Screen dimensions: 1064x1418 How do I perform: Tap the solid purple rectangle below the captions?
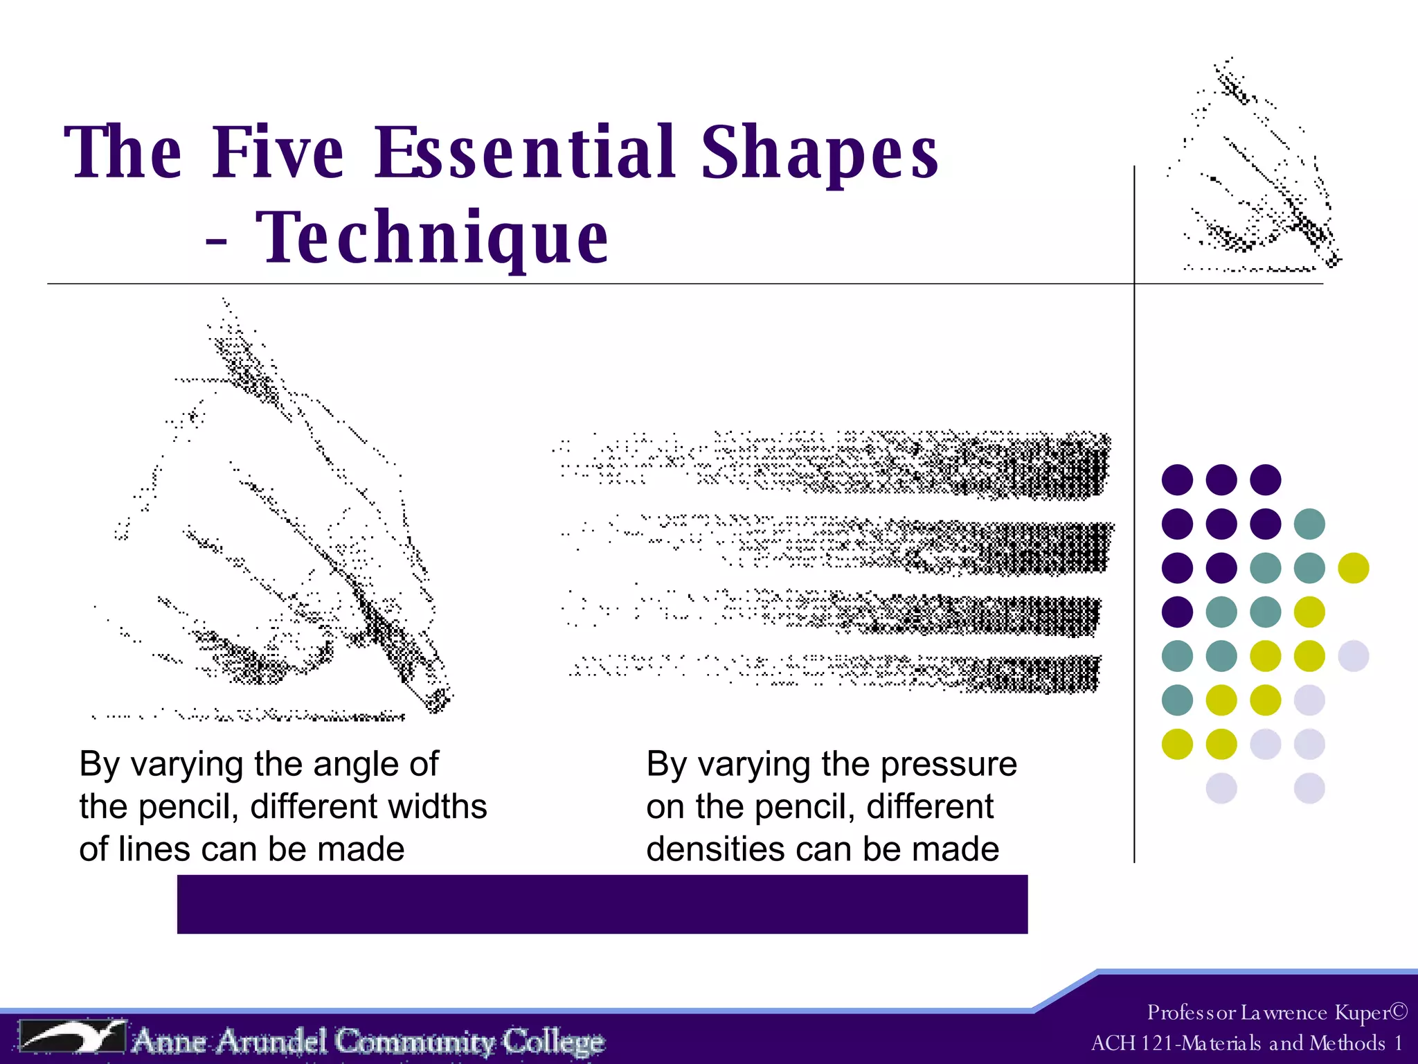602,904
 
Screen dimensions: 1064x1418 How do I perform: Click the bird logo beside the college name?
73,1036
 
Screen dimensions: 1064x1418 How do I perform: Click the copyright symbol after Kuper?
1399,1012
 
